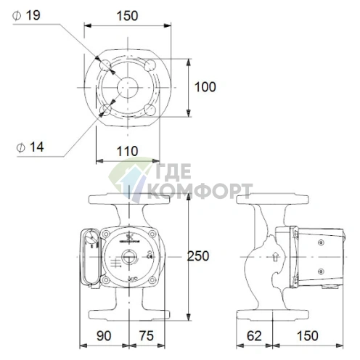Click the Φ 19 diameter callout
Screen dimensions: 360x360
28,14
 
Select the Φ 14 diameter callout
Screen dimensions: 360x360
29,146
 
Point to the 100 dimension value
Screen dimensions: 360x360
206,86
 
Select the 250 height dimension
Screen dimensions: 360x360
198,255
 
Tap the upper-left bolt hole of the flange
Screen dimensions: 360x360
106,65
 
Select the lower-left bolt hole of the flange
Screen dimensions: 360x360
106,109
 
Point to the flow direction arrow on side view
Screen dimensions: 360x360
274,256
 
